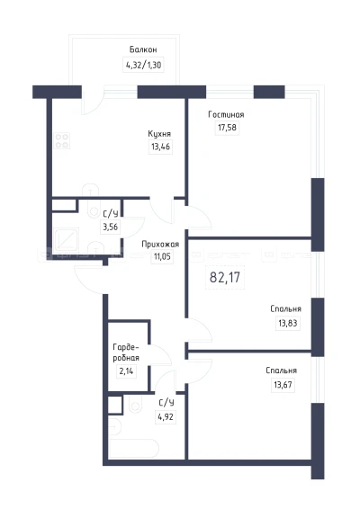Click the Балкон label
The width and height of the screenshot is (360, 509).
pyautogui.click(x=143, y=49)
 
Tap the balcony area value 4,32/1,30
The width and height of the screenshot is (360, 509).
pyautogui.click(x=143, y=65)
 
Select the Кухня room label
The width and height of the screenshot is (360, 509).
pyautogui.click(x=159, y=134)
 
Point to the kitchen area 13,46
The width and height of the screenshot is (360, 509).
pyautogui.click(x=160, y=147)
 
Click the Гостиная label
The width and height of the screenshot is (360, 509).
pyautogui.click(x=226, y=114)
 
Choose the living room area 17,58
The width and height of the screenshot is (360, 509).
pyautogui.click(x=227, y=128)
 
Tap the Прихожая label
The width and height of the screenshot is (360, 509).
pyautogui.click(x=160, y=244)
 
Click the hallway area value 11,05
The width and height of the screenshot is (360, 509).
pyautogui.click(x=162, y=257)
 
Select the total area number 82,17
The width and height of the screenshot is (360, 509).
pyautogui.click(x=225, y=278)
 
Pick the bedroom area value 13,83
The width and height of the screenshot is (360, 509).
pyautogui.click(x=288, y=324)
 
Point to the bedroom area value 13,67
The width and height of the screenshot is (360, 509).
pyautogui.click(x=283, y=385)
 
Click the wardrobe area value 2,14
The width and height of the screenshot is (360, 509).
pyautogui.click(x=126, y=371)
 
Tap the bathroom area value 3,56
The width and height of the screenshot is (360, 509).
pyautogui.click(x=111, y=227)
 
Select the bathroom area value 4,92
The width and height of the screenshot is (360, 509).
pyautogui.click(x=166, y=416)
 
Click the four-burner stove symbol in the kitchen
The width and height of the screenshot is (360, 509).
pyautogui.click(x=62, y=141)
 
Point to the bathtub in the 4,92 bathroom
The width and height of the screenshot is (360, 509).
pyautogui.click(x=134, y=449)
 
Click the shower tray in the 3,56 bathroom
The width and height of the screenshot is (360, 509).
pyautogui.click(x=67, y=240)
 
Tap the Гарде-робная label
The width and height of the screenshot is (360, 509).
pyautogui.click(x=126, y=353)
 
